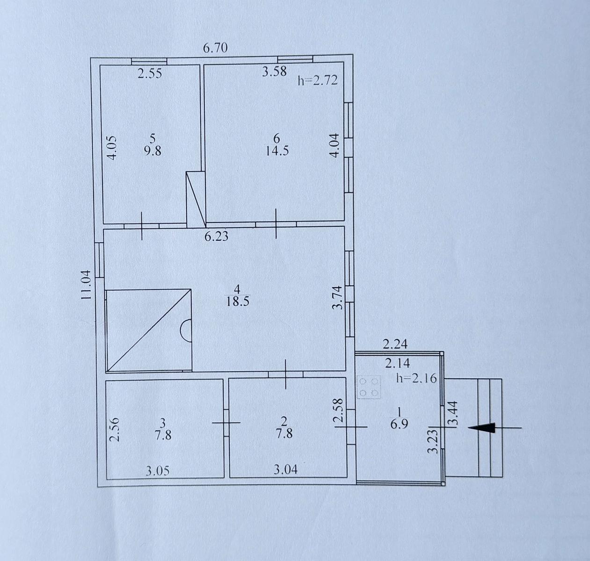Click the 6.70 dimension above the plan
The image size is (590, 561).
pyautogui.click(x=215, y=48)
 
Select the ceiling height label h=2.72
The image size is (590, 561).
pyautogui.click(x=318, y=80)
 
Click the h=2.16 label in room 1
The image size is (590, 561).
pyautogui.click(x=416, y=378)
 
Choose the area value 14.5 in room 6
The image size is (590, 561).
pyautogui.click(x=277, y=151)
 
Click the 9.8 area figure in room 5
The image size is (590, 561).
pyautogui.click(x=153, y=151)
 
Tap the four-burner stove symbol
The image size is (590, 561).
pyautogui.click(x=369, y=387)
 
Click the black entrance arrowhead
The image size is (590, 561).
pyautogui.click(x=481, y=428)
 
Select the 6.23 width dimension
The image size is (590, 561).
pyautogui.click(x=216, y=237)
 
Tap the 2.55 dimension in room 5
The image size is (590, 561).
pyautogui.click(x=150, y=73)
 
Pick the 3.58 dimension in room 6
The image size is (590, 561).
pyautogui.click(x=274, y=72)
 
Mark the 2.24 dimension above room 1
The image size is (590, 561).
pyautogui.click(x=395, y=344)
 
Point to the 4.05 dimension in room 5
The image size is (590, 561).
pyautogui.click(x=112, y=148)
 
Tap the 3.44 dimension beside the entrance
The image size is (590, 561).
pyautogui.click(x=452, y=413)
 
